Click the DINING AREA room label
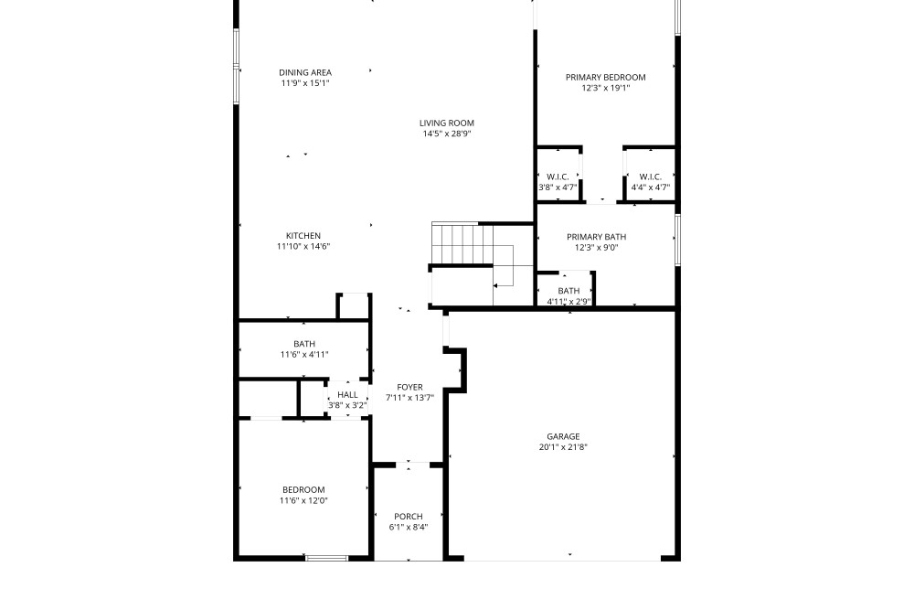point(305,72)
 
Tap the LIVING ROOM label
point(447,123)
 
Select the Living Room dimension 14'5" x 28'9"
point(447,134)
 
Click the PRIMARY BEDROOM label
point(606,78)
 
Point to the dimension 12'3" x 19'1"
point(606,88)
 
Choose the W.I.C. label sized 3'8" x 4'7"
point(558,177)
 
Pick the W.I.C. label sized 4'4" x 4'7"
point(650,177)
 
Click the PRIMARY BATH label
point(596,237)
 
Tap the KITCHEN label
point(303,236)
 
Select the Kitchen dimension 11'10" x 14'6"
point(303,246)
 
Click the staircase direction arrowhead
point(495,285)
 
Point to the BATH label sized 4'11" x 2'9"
point(569,291)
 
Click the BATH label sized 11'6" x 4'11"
point(304,344)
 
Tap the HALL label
point(347,395)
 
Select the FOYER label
point(409,387)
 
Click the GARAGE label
point(563,437)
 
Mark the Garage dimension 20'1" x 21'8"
point(563,447)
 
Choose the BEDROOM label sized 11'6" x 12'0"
point(303,490)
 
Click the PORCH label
point(409,517)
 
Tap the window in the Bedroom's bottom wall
point(327,558)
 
